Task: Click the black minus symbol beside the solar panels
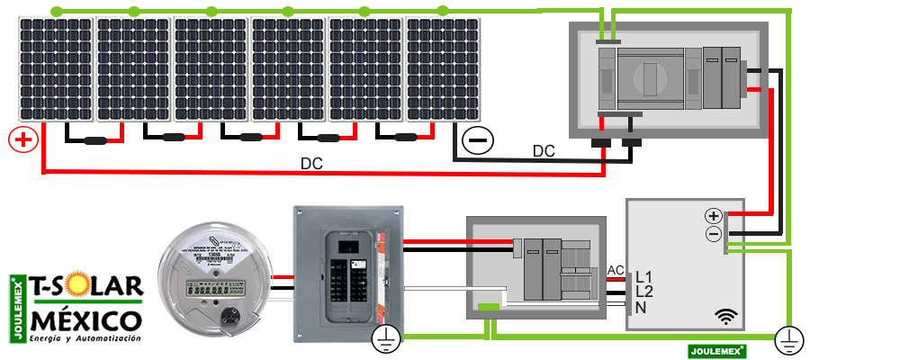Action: pyautogui.click(x=477, y=140)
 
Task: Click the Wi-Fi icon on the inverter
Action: pyautogui.click(x=726, y=316)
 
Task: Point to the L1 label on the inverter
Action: pyautogui.click(x=644, y=276)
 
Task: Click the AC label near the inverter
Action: pyautogui.click(x=616, y=270)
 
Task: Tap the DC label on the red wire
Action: pyautogui.click(x=311, y=165)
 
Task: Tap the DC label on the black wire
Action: pyautogui.click(x=544, y=150)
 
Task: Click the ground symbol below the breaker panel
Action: pyautogui.click(x=384, y=338)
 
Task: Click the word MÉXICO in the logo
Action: pyautogui.click(x=85, y=320)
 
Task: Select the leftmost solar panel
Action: pyautogui.click(x=55, y=70)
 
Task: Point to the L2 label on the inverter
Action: pyautogui.click(x=644, y=292)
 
